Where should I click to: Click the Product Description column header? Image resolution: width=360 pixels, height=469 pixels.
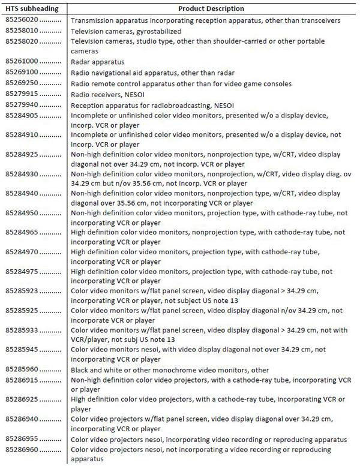pos(211,9)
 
